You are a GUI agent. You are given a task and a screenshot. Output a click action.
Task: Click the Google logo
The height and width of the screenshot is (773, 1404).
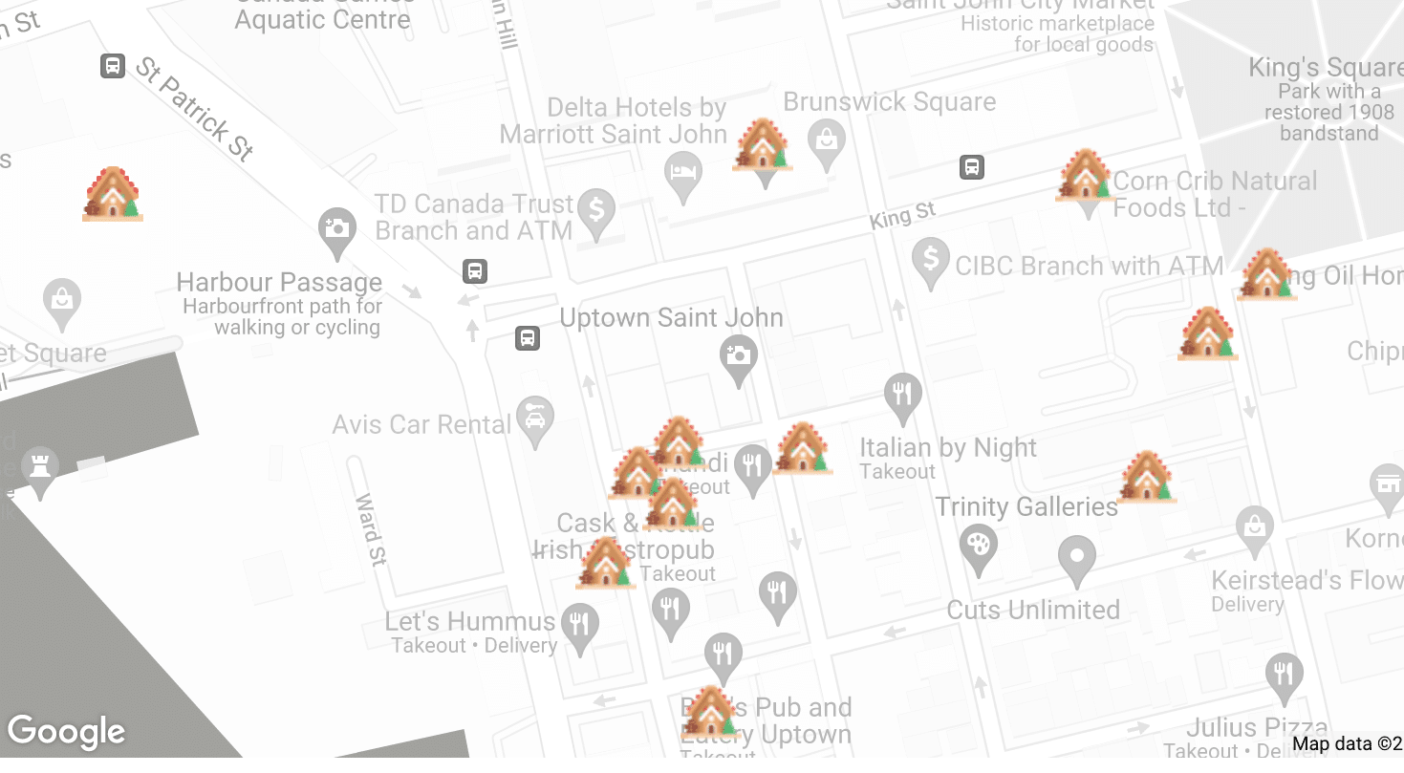[66, 732]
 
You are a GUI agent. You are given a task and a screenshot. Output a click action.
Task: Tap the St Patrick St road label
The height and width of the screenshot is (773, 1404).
[194, 108]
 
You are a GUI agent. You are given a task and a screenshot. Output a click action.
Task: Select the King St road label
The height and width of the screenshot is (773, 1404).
[901, 216]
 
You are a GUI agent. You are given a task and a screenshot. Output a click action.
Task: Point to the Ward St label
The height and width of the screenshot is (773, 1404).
[370, 529]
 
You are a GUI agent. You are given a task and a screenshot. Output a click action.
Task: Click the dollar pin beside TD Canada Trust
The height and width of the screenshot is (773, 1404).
[597, 212]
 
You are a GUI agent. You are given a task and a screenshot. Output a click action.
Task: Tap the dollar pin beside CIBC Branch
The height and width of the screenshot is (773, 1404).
[930, 262]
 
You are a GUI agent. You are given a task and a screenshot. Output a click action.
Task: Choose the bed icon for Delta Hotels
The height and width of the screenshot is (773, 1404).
[682, 175]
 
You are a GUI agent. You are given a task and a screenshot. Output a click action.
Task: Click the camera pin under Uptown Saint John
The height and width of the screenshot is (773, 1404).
[738, 358]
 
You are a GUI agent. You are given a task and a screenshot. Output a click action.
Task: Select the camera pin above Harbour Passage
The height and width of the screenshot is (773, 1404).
[336, 231]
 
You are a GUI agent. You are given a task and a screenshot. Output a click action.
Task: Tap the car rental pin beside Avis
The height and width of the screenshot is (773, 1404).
[535, 419]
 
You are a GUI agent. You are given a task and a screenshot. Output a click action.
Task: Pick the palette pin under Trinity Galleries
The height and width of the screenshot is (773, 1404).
[978, 548]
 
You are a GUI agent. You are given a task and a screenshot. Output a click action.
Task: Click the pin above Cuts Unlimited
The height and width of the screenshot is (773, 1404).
[1077, 558]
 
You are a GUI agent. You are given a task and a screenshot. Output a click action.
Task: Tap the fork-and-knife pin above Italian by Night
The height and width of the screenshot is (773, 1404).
[902, 395]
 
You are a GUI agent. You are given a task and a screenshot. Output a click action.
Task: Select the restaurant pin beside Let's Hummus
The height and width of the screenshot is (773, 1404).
[579, 626]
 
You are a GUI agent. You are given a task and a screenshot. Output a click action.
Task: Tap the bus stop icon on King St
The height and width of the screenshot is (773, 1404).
[972, 167]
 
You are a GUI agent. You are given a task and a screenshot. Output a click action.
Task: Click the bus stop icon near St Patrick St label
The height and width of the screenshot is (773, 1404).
[113, 66]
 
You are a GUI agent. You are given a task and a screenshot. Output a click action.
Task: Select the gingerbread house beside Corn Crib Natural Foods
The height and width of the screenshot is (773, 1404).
[1086, 177]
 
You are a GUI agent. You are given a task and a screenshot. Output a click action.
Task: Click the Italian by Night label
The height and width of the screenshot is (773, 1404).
[947, 448]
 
